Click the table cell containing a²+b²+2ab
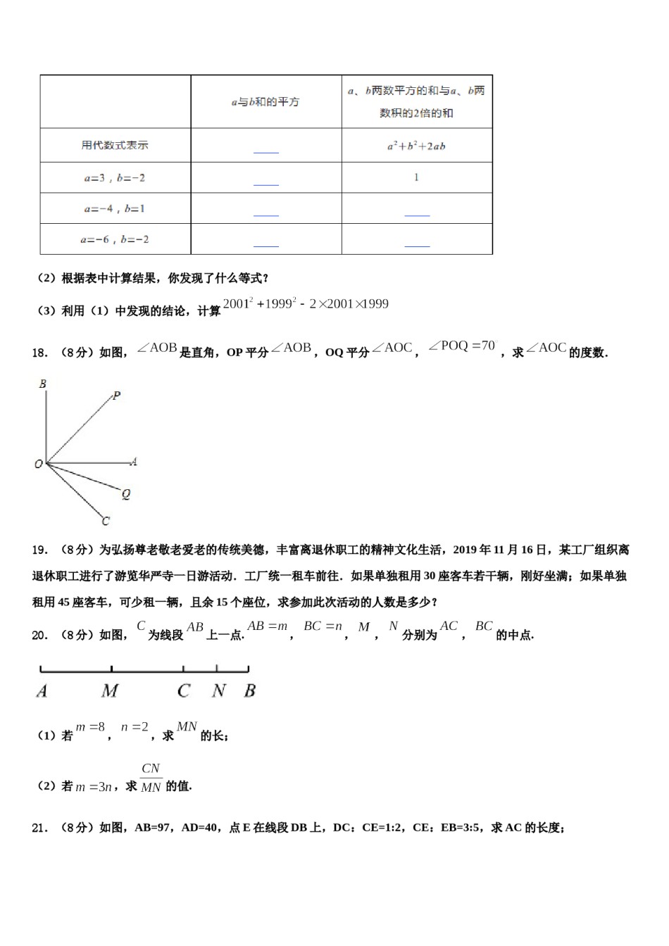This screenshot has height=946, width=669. coord(416,146)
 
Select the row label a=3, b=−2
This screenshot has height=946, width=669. coord(115,178)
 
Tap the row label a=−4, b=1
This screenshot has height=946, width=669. coord(115,209)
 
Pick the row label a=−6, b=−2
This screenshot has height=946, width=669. coord(115,240)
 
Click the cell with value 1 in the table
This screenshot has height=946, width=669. coord(416,177)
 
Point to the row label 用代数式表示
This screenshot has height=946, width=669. coord(115,146)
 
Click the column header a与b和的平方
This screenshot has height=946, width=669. coord(265,102)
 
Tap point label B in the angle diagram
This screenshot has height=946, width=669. coord(43,384)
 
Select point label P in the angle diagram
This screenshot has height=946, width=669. coord(117,396)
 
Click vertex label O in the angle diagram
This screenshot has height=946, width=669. coord(39,464)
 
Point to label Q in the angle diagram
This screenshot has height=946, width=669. coord(126,494)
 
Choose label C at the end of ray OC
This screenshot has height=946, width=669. coord(106,522)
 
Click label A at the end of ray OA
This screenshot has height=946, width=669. coord(134,462)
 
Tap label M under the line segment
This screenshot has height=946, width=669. coord(110,691)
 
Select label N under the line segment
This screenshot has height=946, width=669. coord(218,691)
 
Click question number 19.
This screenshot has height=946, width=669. coord(39,550)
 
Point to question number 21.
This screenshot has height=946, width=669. coord(39,828)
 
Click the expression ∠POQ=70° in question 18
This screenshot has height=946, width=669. coord(461,346)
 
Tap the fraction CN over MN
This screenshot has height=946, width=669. coord(151,778)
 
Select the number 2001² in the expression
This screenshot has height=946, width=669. coord(238,304)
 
